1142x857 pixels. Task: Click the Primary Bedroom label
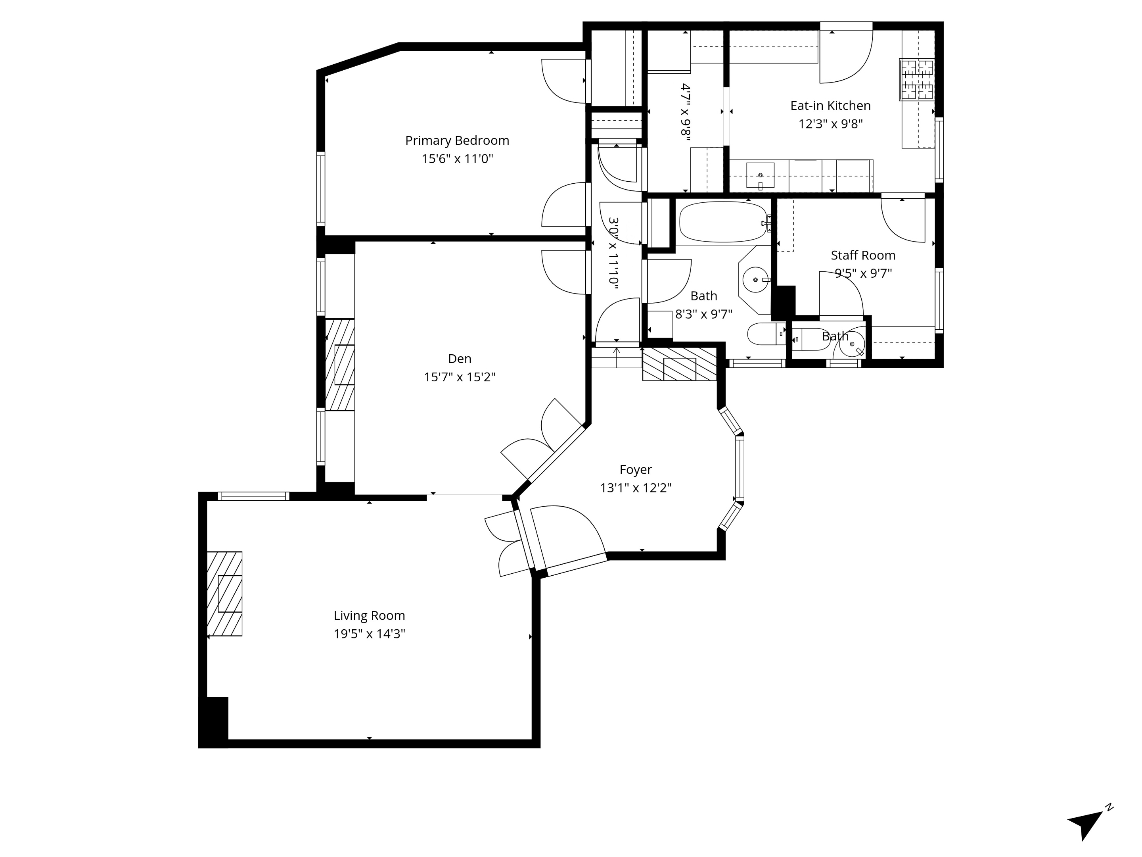[457, 140]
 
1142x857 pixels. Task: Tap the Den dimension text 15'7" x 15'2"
[460, 377]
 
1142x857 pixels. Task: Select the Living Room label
[369, 616]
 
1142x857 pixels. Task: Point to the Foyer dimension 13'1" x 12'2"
[636, 488]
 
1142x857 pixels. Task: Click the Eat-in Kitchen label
[830, 106]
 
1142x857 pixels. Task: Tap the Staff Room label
[863, 255]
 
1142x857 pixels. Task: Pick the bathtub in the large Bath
[723, 222]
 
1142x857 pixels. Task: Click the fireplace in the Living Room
[224, 594]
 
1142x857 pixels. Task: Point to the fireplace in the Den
[340, 365]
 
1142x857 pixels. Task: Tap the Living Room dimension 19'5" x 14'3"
[369, 634]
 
